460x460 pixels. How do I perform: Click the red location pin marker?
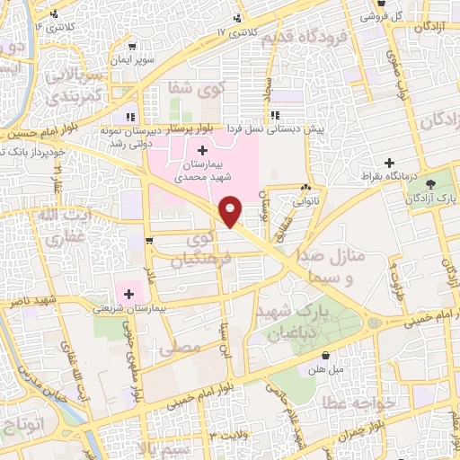pos(231,210)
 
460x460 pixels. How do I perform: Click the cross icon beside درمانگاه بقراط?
pos(388,163)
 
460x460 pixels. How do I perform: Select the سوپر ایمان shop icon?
pos(133,47)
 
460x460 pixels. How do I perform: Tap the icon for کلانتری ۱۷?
pos(238,18)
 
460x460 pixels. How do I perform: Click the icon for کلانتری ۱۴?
pos(56,14)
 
